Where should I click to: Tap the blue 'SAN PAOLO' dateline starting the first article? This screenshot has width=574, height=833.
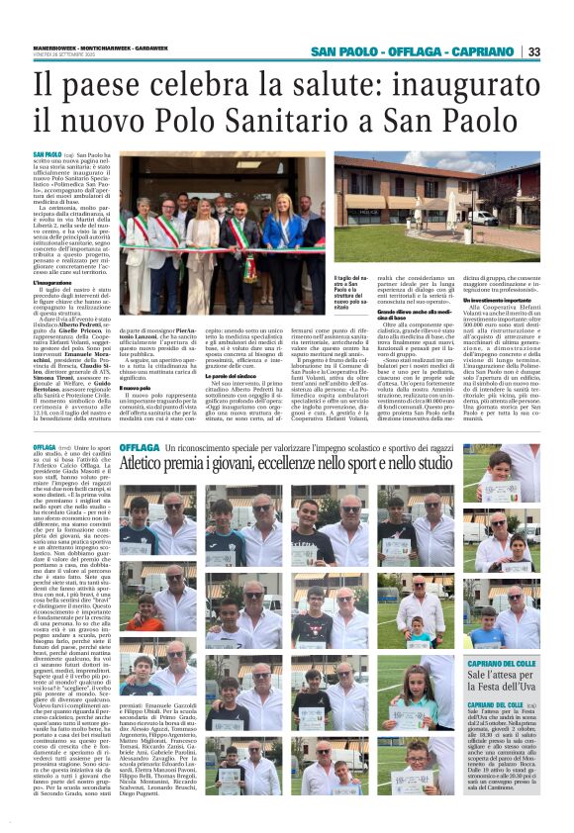47,155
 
